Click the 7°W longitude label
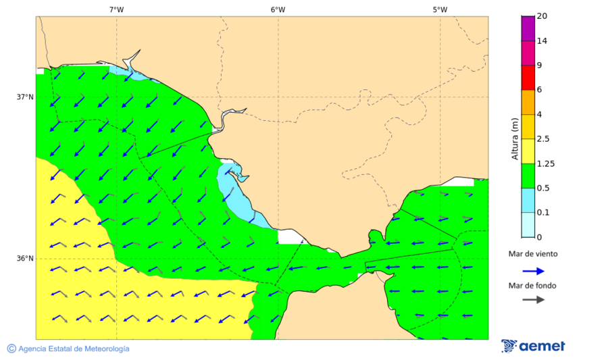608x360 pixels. pos(116,9)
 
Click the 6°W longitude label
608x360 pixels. pos(278,9)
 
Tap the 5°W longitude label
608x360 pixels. pos(440,9)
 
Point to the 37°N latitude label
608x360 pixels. pos(25,97)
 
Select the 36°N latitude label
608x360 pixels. pos(25,258)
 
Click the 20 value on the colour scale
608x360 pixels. pos(542,16)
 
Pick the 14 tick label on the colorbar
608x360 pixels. pos(542,41)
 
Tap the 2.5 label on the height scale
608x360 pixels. pos(542,139)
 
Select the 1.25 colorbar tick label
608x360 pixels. pos(544,163)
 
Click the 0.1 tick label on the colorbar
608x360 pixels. pos(542,213)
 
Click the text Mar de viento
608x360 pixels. pos(533,254)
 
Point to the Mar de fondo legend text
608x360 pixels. pos(533,285)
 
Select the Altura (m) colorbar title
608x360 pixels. pos(515,138)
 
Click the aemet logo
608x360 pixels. pos(533,346)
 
